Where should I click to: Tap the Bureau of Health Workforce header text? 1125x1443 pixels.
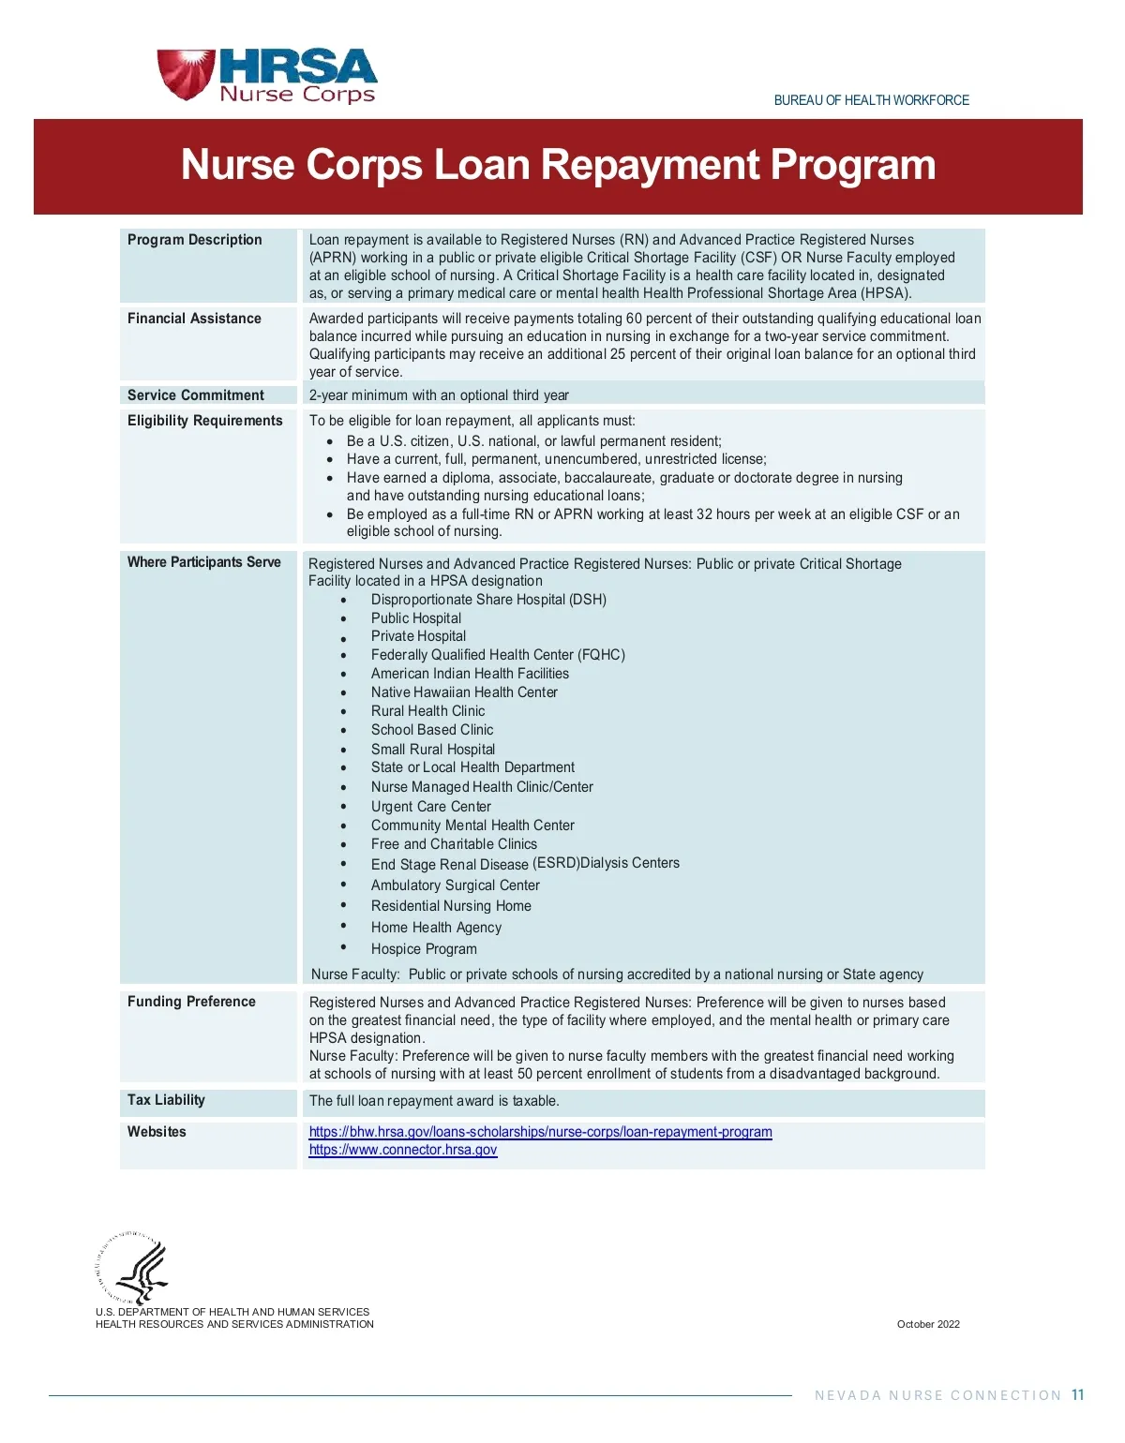pyautogui.click(x=871, y=100)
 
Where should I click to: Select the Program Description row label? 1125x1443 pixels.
pyautogui.click(x=195, y=240)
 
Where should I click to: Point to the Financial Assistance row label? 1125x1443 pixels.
pyautogui.click(x=194, y=319)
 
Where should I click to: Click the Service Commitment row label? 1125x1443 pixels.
pyautogui.click(x=196, y=395)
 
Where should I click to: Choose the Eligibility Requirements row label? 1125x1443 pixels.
pyautogui.click(x=204, y=421)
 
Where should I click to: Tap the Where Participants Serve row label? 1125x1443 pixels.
pyautogui.click(x=204, y=562)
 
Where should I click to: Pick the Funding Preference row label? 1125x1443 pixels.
pyautogui.click(x=191, y=1002)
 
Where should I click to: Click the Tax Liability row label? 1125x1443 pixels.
pyautogui.click(x=166, y=1100)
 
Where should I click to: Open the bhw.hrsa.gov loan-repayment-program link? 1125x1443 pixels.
pyautogui.click(x=540, y=1132)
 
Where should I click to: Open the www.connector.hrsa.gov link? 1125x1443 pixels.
pyautogui.click(x=403, y=1150)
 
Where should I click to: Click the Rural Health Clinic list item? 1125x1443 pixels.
pyautogui.click(x=427, y=711)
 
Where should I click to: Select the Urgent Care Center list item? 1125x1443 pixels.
pyautogui.click(x=430, y=807)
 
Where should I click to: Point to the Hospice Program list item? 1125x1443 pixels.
pyautogui.click(x=424, y=949)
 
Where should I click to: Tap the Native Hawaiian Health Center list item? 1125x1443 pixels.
pyautogui.click(x=464, y=692)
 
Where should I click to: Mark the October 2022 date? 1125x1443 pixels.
pyautogui.click(x=928, y=1324)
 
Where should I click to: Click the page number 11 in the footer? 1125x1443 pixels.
pyautogui.click(x=1077, y=1395)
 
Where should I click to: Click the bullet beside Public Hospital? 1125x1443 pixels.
pyautogui.click(x=344, y=619)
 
